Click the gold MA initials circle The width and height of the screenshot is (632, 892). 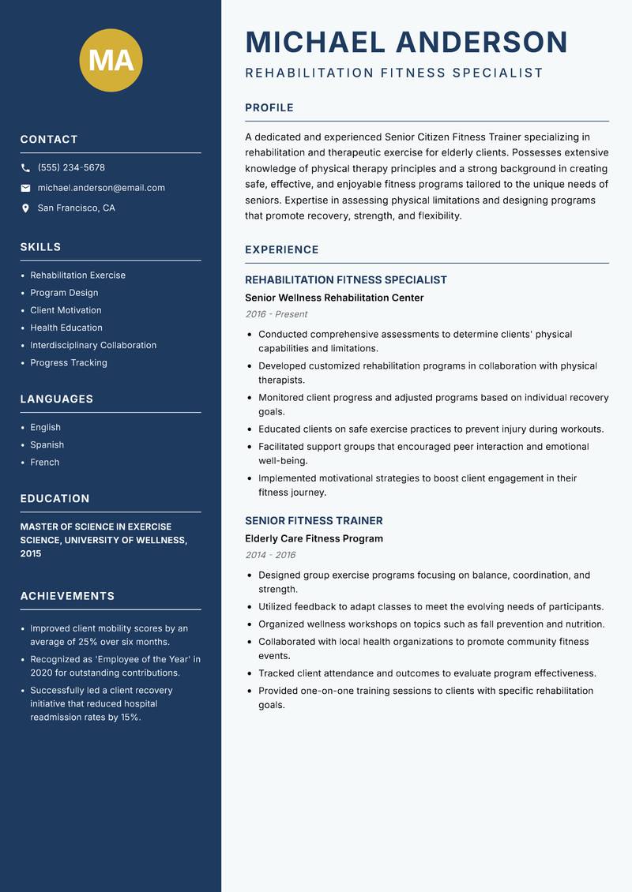tap(111, 60)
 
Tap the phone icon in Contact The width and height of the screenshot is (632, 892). tap(25, 168)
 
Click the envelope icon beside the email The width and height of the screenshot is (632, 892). tap(25, 188)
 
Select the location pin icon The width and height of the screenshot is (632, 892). tap(25, 208)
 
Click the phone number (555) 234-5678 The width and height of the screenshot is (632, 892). tap(71, 168)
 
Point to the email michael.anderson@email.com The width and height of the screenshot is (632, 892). tap(101, 188)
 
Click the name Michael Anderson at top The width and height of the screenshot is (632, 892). tap(406, 42)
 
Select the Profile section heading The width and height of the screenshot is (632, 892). tap(269, 108)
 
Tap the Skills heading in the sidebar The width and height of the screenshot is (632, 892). tap(40, 247)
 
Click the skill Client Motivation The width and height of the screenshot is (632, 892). tap(66, 310)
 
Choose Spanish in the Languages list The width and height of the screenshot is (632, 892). tap(47, 445)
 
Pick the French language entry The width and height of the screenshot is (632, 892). tap(44, 463)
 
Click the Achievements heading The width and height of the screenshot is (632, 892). tap(67, 596)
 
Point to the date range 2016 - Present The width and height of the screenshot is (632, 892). tap(276, 314)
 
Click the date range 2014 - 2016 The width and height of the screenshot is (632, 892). tap(269, 555)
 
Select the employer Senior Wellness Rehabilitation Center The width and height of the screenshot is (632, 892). tap(334, 298)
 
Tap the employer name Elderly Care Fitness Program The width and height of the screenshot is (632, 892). tap(314, 538)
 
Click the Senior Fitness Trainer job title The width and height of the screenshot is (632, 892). tap(314, 521)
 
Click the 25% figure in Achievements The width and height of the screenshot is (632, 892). tap(88, 642)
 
